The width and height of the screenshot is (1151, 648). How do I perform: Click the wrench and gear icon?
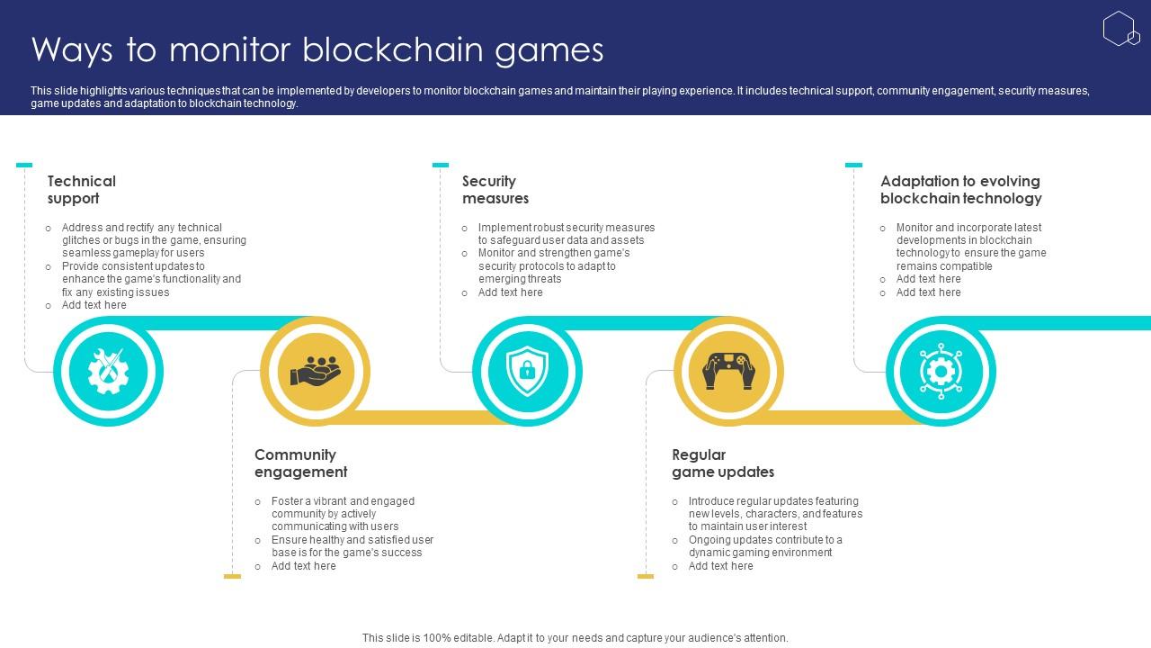[x=108, y=371]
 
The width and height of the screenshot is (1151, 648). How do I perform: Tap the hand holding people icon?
[x=316, y=371]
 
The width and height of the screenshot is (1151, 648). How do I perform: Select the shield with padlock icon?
[x=527, y=371]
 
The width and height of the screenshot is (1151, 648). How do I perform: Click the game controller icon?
[x=728, y=371]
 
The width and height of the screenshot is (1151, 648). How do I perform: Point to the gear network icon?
[x=941, y=371]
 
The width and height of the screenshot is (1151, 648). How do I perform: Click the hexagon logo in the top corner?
[x=1120, y=29]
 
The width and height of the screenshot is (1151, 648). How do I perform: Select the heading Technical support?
[x=82, y=190]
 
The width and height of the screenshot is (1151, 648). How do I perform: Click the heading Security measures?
[x=495, y=190]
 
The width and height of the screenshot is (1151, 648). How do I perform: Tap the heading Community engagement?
[x=300, y=463]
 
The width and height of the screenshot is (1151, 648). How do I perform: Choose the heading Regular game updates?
[x=723, y=463]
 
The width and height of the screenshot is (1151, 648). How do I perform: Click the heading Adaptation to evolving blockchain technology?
[x=960, y=190]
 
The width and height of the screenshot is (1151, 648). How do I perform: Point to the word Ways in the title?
[x=71, y=50]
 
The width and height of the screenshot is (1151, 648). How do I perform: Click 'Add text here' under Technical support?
[x=94, y=305]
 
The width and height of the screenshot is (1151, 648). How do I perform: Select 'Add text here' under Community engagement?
[x=303, y=566]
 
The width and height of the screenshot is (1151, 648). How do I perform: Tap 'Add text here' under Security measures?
[x=510, y=292]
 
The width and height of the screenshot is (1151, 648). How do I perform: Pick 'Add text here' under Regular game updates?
[x=720, y=566]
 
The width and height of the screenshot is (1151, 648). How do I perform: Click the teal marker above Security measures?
[x=441, y=166]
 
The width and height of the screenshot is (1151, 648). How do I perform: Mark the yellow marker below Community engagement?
[x=232, y=576]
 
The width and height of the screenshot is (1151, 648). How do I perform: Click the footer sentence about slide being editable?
[x=575, y=638]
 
